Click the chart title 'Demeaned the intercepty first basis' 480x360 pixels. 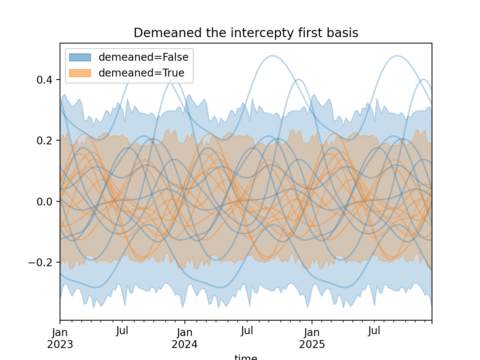(246, 33)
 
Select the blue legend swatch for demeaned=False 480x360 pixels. (80, 57)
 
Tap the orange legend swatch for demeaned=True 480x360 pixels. (80, 73)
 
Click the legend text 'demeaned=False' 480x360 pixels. (143, 57)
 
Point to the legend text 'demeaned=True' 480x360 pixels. (141, 73)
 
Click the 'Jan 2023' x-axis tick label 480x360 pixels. (60, 338)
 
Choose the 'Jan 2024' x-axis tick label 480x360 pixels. (184, 338)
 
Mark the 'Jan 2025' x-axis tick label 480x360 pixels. (312, 338)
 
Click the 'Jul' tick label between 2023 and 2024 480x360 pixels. (122, 331)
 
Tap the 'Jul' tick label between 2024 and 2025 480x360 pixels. (247, 331)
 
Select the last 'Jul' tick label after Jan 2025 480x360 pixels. (374, 331)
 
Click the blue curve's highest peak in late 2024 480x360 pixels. (273, 56)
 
